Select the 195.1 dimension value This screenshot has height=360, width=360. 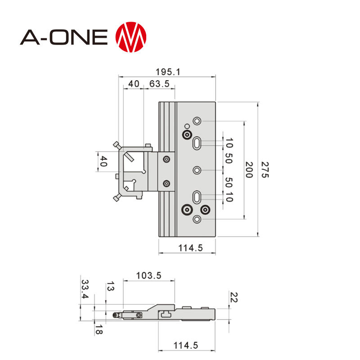click(x=167, y=72)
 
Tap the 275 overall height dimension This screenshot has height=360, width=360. click(x=265, y=170)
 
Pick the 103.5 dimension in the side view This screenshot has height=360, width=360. click(x=149, y=276)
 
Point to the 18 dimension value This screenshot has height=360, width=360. click(x=98, y=330)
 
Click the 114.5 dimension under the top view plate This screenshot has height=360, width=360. click(x=188, y=247)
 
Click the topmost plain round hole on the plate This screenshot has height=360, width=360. click(x=197, y=121)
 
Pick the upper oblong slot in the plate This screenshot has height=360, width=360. click(x=197, y=143)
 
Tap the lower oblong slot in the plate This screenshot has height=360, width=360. click(x=197, y=197)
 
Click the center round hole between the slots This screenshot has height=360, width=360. click(x=197, y=170)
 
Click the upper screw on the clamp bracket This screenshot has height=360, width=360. click(x=167, y=159)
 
